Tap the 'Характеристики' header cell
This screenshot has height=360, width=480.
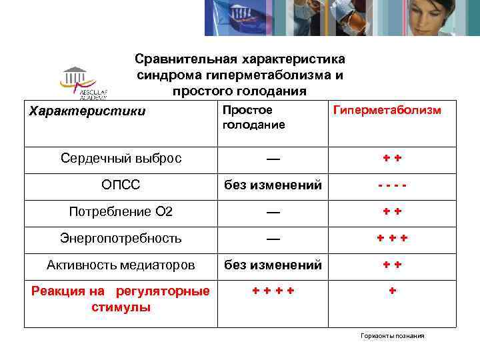[x=87, y=111]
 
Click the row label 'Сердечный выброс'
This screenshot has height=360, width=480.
[x=121, y=159]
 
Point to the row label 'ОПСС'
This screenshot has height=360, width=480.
[x=121, y=185]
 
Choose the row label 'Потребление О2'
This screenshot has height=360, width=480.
[x=121, y=211]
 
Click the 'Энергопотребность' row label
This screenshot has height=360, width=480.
[x=121, y=238]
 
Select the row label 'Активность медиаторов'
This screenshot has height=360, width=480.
[x=121, y=265]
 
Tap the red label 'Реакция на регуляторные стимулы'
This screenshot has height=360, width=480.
[x=121, y=299]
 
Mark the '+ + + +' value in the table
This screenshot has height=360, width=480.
[x=272, y=291]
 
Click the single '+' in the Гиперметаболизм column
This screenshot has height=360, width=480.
[x=393, y=291]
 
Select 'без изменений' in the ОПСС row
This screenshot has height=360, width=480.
[x=272, y=185]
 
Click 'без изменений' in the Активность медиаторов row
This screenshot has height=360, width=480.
[x=272, y=265]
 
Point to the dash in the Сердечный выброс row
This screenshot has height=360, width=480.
[x=272, y=159]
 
